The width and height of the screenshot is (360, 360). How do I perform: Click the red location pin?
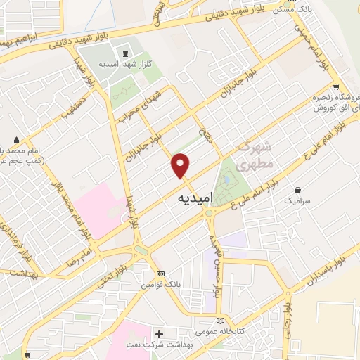tap(181, 165)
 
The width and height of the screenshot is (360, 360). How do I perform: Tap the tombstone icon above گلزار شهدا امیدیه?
tap(125, 54)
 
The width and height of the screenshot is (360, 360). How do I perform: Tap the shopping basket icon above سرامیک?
tap(300, 190)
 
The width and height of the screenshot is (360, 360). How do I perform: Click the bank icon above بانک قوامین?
tap(160, 273)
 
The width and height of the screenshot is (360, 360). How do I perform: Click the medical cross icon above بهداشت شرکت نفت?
tap(160, 333)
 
